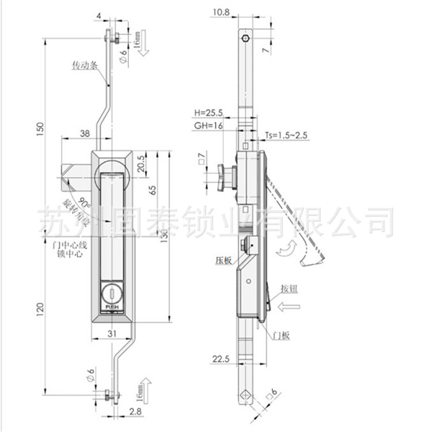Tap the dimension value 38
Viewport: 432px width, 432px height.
(x=85, y=132)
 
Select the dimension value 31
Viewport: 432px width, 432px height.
(x=113, y=334)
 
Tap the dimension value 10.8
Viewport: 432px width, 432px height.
(x=219, y=11)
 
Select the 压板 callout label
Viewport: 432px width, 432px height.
(x=225, y=260)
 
